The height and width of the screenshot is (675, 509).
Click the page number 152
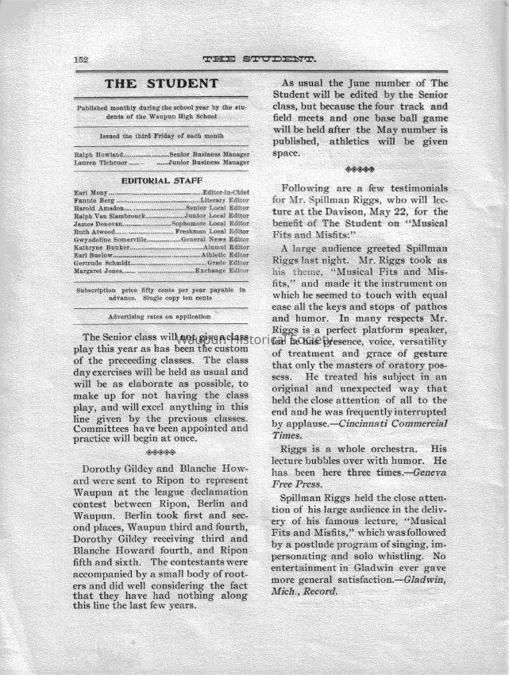pyautogui.click(x=79, y=59)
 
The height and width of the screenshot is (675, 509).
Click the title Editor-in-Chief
pyautogui.click(x=226, y=193)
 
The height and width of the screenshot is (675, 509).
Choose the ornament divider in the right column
pyautogui.click(x=364, y=168)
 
